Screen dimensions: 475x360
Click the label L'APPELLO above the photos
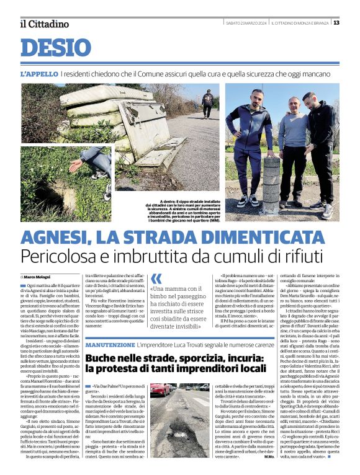39,73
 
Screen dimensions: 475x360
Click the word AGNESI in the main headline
61,238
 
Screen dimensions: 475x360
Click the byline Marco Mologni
38,276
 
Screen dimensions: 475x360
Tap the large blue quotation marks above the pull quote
156,279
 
